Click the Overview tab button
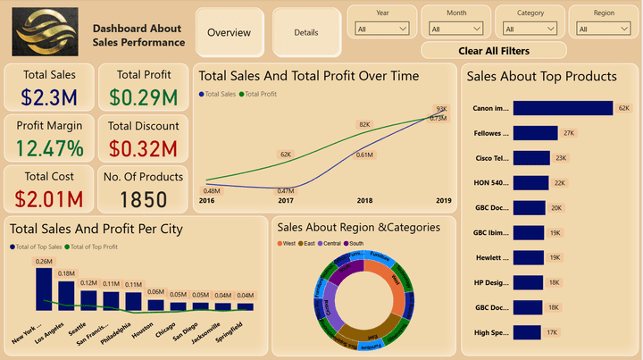pos(229,32)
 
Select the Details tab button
pos(306,32)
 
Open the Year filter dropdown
pos(381,29)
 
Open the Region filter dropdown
pos(604,29)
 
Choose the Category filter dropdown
pos(530,29)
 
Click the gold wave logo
pos(46,31)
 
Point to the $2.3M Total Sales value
pos(49,96)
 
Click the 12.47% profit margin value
pos(49,147)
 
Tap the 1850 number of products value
pos(143,198)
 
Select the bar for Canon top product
pos(564,108)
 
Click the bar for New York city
pos(44,289)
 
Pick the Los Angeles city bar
pos(66,296)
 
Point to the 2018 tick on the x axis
pos(364,201)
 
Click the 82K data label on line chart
pos(364,124)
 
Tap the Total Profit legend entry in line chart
pos(261,93)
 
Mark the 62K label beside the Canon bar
pos(623,108)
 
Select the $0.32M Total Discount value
pos(143,147)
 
